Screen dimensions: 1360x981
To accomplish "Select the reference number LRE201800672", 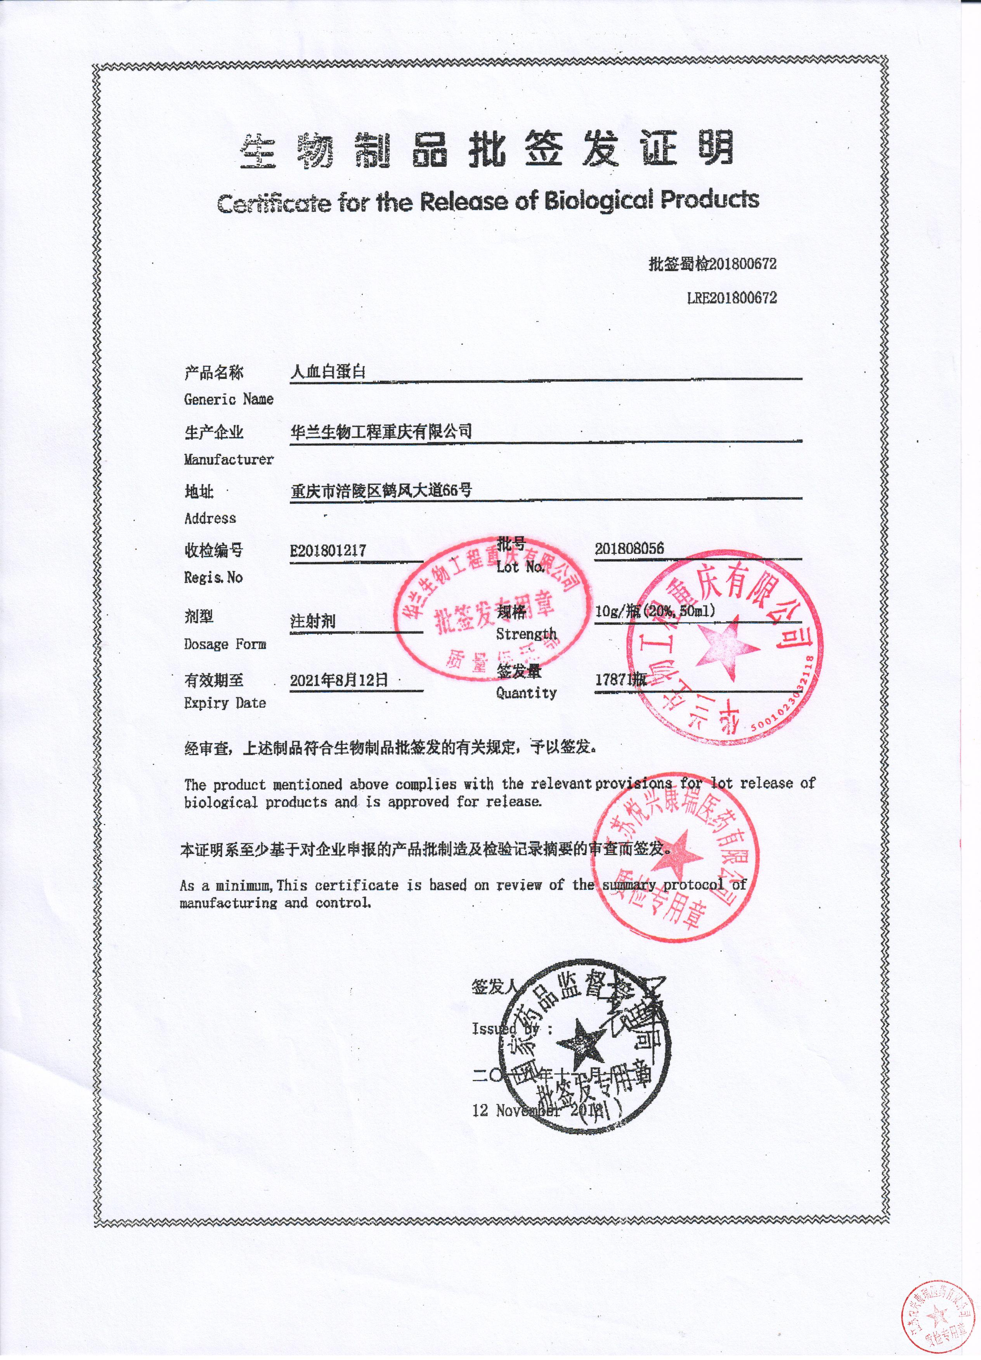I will (731, 298).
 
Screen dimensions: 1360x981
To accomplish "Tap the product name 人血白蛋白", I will (328, 372).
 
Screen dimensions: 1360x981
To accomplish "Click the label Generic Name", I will (229, 399).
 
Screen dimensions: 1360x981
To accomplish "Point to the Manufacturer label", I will (229, 460).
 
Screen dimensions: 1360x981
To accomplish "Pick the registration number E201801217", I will (328, 551).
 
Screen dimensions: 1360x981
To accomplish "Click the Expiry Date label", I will (225, 703).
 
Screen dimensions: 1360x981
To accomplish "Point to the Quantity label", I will (526, 693).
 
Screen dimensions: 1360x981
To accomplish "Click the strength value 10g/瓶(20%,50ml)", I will (655, 612).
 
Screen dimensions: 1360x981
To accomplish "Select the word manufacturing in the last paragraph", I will (228, 902).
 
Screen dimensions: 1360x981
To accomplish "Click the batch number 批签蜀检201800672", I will (712, 264).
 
